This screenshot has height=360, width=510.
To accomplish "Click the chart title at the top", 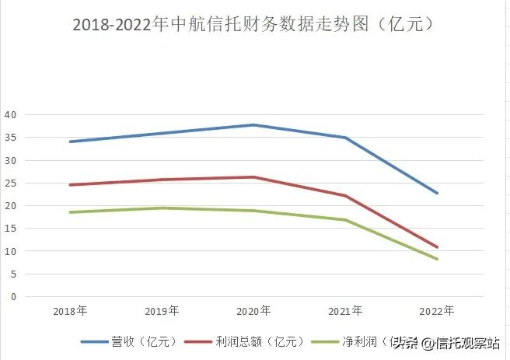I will click(x=253, y=24).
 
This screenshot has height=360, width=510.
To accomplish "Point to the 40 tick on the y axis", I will click(x=11, y=114).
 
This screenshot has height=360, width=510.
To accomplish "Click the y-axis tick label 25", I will click(x=11, y=183).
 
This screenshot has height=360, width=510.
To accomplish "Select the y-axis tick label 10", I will click(x=11, y=251).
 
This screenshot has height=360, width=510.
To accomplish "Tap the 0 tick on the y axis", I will click(x=13, y=297).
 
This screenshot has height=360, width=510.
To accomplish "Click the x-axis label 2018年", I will click(x=70, y=311).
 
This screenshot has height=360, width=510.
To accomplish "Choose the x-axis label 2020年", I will click(x=253, y=311).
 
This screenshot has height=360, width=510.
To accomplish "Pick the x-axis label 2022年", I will click(x=437, y=311).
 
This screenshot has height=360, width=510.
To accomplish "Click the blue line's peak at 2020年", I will click(x=253, y=124).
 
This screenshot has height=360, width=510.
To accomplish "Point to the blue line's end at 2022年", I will click(x=437, y=193).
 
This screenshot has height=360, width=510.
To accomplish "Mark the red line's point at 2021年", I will click(x=345, y=196).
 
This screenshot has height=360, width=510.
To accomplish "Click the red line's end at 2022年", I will click(x=437, y=247).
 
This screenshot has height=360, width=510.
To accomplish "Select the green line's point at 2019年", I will click(x=162, y=208).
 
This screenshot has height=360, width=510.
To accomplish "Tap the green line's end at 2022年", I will click(x=437, y=259).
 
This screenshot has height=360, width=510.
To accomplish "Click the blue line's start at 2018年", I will click(x=70, y=142).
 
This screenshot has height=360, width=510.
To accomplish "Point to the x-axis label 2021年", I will click(x=345, y=311).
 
